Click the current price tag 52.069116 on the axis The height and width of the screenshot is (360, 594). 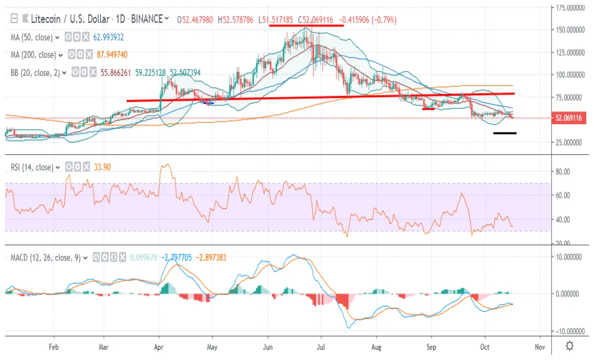coord(569,118)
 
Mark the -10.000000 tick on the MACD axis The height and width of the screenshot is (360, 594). coord(571,331)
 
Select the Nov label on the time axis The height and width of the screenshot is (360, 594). coord(539,347)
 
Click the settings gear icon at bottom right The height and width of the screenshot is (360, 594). coord(570,346)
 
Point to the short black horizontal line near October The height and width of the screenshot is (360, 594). coord(504,133)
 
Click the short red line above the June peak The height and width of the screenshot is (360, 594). coord(306,25)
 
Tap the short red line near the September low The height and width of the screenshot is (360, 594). coord(428,108)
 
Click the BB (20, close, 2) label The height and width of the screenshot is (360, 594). coord(38,72)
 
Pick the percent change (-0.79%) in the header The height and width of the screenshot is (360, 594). coord(384,19)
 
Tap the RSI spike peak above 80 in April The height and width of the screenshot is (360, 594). coord(166,165)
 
